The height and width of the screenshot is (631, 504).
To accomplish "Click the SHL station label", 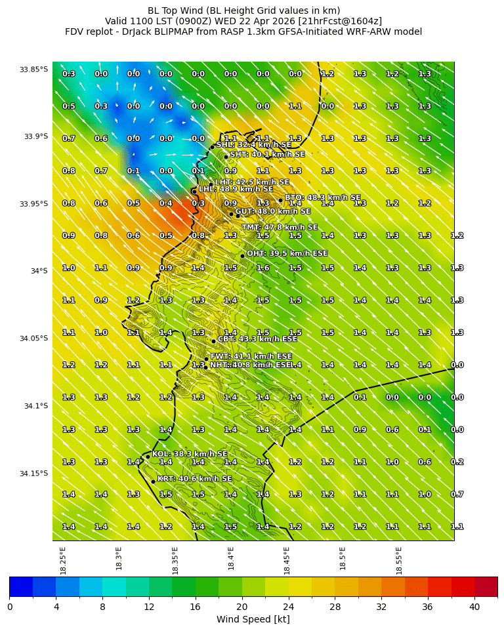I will point(253,145).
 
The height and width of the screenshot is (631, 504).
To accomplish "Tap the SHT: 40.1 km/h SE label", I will point(267,155).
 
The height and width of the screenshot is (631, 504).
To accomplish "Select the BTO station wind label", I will point(322,197).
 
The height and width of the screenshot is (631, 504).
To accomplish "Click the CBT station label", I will point(257,339).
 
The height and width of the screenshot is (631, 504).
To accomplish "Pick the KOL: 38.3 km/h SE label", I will point(190,454).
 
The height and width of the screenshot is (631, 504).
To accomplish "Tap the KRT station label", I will point(194,479).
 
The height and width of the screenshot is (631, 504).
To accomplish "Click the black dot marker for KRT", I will point(153,481).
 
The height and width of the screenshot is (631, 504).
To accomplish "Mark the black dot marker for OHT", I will point(242,256).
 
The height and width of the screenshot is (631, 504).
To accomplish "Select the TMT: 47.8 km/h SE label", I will point(280,228).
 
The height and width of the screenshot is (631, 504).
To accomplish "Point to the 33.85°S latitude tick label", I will point(33,70).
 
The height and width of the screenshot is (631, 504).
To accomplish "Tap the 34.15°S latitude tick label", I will point(33,474).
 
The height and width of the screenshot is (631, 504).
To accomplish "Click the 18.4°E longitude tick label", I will point(232,558).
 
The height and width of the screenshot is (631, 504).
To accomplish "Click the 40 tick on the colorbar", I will point(474,607).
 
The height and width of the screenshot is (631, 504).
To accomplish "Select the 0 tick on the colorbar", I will point(10,607).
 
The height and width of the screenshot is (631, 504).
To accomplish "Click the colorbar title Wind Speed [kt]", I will point(253,619).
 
